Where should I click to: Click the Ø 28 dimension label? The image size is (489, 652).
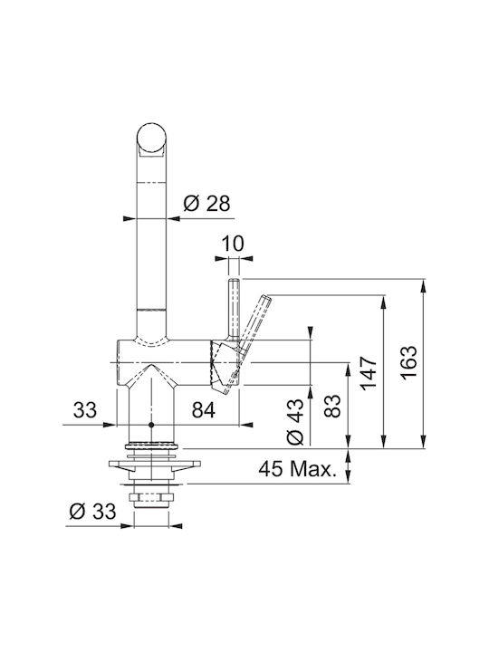pyautogui.click(x=206, y=204)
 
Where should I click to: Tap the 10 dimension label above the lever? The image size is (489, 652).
pyautogui.click(x=233, y=244)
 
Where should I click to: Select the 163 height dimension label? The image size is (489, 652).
pyautogui.click(x=408, y=362)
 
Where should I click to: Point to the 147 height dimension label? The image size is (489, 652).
pyautogui.click(x=369, y=373)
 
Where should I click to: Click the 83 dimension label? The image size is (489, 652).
pyautogui.click(x=332, y=406)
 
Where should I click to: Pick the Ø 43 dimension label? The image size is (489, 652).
pyautogui.click(x=295, y=422)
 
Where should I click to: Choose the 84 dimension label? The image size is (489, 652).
pyautogui.click(x=204, y=410)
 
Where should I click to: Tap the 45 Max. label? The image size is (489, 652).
pyautogui.click(x=297, y=469)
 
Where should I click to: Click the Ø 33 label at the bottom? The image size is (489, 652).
pyautogui.click(x=92, y=511)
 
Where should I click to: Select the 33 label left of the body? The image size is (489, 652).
pyautogui.click(x=85, y=410)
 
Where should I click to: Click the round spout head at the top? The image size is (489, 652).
pyautogui.click(x=151, y=138)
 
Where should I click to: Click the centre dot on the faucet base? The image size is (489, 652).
pyautogui.click(x=151, y=425)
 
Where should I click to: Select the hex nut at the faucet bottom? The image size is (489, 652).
pyautogui.click(x=151, y=497)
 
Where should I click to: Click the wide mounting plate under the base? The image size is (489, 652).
pyautogui.click(x=155, y=464)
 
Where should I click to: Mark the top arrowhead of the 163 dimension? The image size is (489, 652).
pyautogui.click(x=423, y=285)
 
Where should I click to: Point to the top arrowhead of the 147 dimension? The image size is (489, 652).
pyautogui.click(x=383, y=302)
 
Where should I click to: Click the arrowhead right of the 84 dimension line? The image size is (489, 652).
pyautogui.click(x=246, y=425)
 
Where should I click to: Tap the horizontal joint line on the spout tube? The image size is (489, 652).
pyautogui.click(x=151, y=310)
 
